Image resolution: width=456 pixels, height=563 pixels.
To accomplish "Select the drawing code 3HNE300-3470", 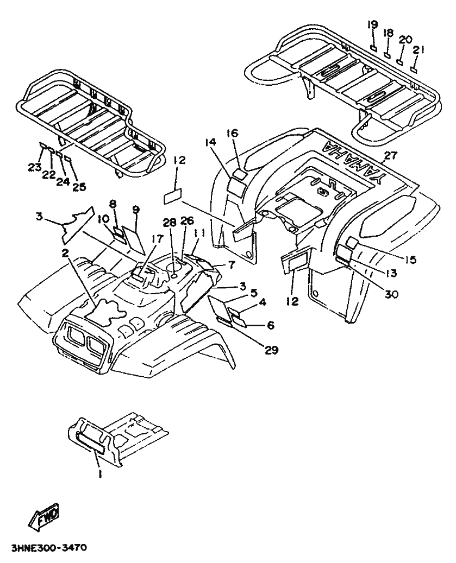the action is (48, 548).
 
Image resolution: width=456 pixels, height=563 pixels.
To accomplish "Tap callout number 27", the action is (391, 156).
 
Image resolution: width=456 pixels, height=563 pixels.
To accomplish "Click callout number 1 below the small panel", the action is (100, 475).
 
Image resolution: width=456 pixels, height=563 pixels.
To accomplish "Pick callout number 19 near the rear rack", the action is (373, 25).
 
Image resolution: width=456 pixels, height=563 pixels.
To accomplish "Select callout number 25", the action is (79, 187).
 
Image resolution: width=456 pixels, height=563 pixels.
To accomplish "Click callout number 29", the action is (271, 350).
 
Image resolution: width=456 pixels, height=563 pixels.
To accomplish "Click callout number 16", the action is (232, 134).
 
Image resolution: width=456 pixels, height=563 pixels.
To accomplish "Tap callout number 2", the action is (65, 254).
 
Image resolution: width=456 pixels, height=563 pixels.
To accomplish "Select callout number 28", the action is (170, 222).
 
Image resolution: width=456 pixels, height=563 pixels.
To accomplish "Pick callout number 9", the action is (135, 209).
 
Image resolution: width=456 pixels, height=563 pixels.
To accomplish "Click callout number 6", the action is (270, 325).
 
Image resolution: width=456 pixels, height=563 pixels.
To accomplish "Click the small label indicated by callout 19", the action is (373, 48).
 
